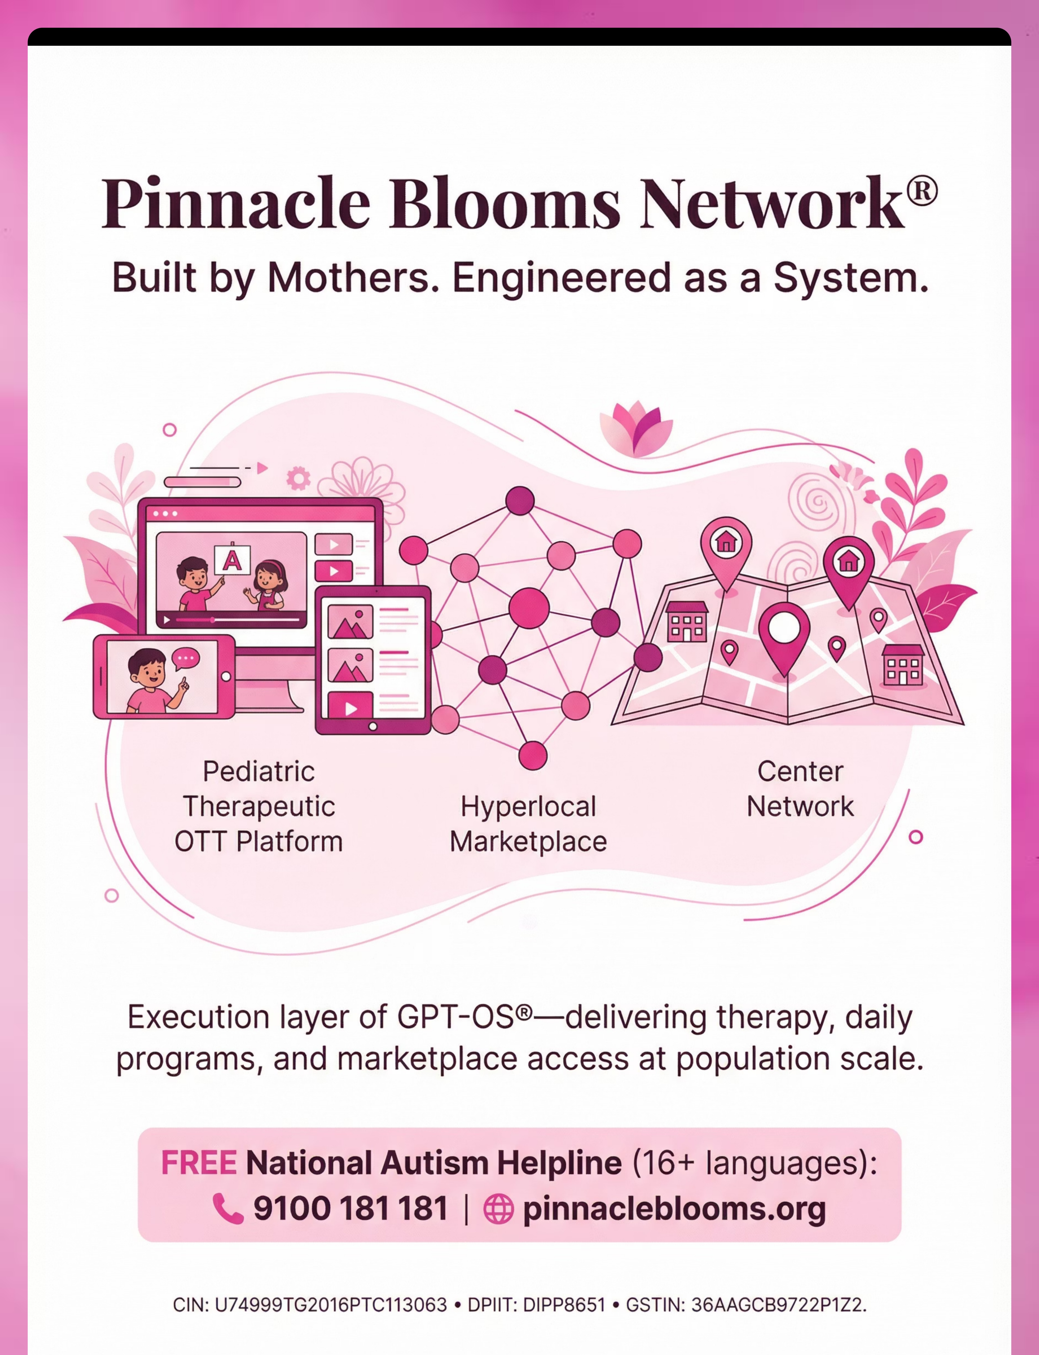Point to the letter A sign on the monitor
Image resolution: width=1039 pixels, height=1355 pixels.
pyautogui.click(x=232, y=560)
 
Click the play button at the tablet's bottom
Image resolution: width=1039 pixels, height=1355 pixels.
pyautogui.click(x=351, y=708)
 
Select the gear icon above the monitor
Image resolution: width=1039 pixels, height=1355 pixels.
pyautogui.click(x=298, y=478)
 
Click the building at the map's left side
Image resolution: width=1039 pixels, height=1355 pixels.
pyautogui.click(x=687, y=622)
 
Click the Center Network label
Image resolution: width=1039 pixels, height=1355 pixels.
pyautogui.click(x=800, y=789)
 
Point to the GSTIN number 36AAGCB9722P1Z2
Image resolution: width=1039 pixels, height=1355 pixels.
pyautogui.click(x=778, y=1305)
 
